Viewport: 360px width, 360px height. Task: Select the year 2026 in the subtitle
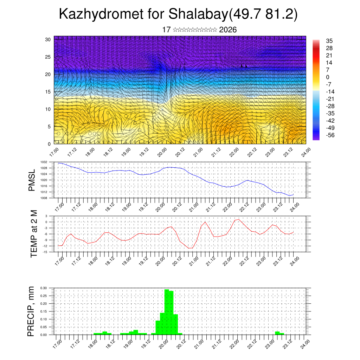(x=228, y=30)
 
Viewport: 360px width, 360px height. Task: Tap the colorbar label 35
(x=329, y=41)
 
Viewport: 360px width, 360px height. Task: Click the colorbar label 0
(x=328, y=77)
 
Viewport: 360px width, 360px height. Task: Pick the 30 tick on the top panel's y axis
(x=48, y=39)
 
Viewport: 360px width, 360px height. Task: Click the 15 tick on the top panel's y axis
(x=48, y=92)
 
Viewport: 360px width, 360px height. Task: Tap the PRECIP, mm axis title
(x=32, y=311)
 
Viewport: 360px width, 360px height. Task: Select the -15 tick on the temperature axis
(x=45, y=252)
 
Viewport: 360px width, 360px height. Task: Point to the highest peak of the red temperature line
(x=239, y=219)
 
